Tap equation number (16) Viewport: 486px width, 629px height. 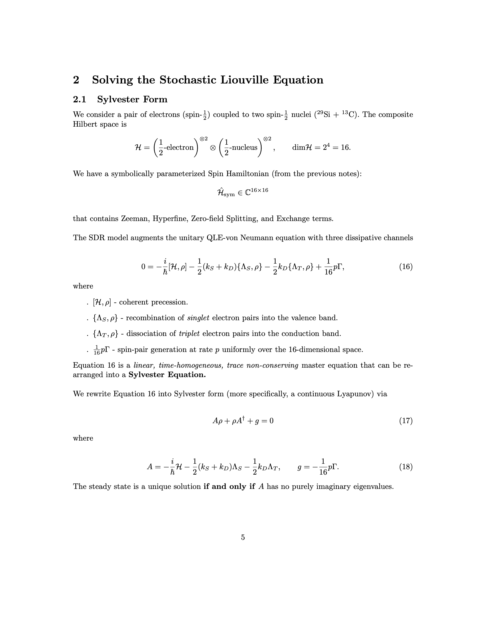406,267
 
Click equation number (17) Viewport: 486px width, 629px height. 406,421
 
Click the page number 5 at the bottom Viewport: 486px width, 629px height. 243,537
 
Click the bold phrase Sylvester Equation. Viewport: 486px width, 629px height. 167,375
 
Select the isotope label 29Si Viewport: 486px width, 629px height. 323,115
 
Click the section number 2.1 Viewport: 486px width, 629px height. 80,99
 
